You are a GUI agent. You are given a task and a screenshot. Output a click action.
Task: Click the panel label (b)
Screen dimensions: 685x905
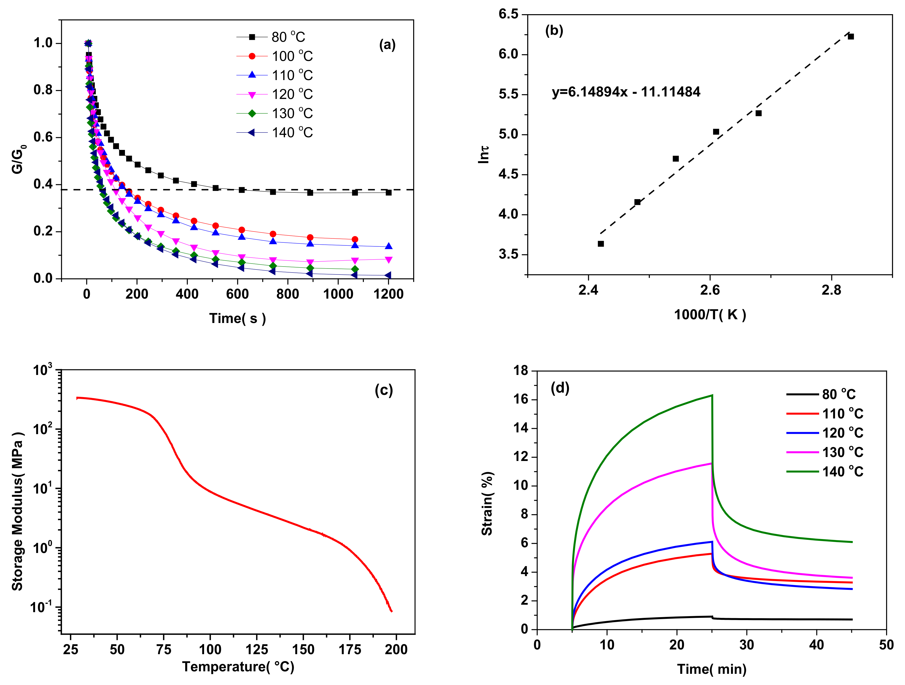[554, 31]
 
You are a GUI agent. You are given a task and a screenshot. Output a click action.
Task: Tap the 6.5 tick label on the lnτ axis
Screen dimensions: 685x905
[508, 14]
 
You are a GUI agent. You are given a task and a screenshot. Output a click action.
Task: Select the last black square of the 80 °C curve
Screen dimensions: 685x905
[388, 192]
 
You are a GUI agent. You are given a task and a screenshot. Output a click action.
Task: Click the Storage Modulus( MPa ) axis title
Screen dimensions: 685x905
[17, 511]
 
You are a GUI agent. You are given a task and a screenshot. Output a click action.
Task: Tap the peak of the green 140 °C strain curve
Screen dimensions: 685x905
[712, 395]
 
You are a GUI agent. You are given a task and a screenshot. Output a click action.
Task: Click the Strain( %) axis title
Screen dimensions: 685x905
[487, 503]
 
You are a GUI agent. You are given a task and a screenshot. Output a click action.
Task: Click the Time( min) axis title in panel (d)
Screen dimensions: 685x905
[712, 669]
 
